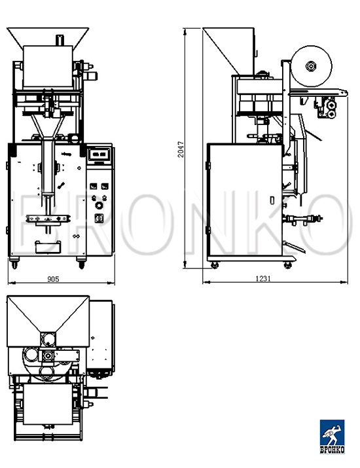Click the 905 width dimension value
coord(53,279)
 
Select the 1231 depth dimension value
coord(263,278)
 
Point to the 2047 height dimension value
coord(181,149)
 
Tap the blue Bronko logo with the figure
coord(332,433)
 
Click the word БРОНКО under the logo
coord(333,450)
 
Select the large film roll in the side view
coord(311,66)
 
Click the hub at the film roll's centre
coord(311,66)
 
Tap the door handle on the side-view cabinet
coord(272,200)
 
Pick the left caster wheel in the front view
coord(14,263)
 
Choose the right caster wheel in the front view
coord(81,263)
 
